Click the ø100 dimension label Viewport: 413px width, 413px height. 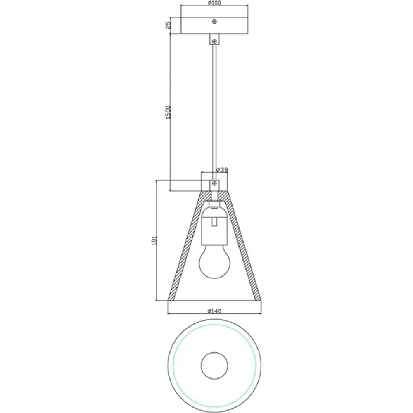(x=214, y=3)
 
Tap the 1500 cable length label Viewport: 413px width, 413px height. (x=169, y=112)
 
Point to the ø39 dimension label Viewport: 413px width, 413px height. (x=222, y=170)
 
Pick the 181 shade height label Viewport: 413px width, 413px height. (x=154, y=240)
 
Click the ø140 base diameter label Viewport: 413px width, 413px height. (x=214, y=311)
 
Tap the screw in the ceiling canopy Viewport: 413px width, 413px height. (x=215, y=21)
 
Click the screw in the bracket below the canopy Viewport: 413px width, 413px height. (x=215, y=41)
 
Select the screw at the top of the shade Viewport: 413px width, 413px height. (x=215, y=183)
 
